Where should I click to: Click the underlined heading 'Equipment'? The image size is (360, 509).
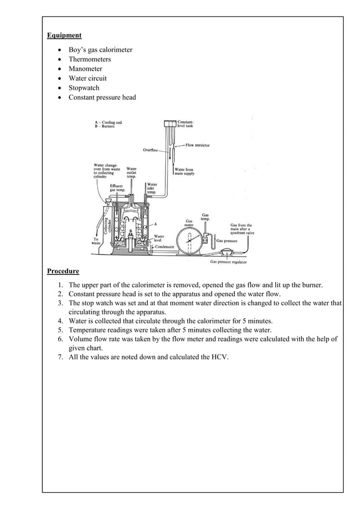click(64, 36)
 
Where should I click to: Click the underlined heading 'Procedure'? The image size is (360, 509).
click(63, 270)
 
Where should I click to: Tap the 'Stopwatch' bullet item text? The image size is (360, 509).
click(84, 88)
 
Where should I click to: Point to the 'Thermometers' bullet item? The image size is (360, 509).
click(90, 59)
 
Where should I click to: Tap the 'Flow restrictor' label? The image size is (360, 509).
click(197, 145)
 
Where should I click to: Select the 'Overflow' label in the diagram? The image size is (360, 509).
click(151, 150)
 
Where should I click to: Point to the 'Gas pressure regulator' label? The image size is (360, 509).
click(229, 262)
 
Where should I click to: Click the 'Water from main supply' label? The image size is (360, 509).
click(185, 172)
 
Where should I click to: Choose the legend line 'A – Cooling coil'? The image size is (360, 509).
click(108, 122)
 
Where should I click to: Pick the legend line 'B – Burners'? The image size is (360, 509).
click(105, 126)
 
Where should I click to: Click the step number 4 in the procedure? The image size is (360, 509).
click(60, 321)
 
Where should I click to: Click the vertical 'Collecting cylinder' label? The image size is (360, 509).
click(107, 226)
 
